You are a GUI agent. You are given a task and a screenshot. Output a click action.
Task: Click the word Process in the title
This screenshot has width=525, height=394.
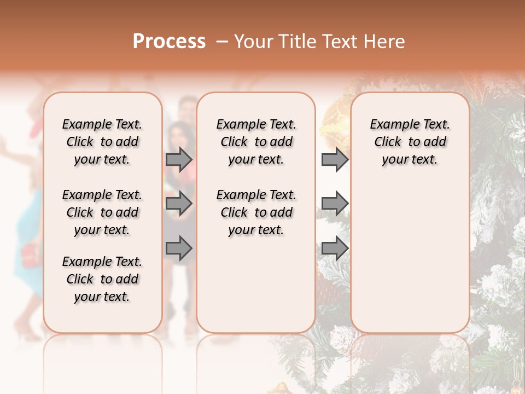pos(169,42)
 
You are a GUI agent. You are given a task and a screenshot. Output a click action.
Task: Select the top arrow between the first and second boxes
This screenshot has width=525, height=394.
pos(179,159)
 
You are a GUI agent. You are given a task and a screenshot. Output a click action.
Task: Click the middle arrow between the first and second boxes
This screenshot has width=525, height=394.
pos(179,204)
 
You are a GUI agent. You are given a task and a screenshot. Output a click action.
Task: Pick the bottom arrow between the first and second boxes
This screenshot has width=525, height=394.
pos(179,248)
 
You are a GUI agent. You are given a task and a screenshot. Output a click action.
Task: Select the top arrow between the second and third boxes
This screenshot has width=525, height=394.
pos(335,159)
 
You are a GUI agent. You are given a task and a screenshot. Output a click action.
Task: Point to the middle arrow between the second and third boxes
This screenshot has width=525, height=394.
pos(335,204)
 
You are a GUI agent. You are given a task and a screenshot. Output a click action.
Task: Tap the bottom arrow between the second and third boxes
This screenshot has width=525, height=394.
pos(335,248)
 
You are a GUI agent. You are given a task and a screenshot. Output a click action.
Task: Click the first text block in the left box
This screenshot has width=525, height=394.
pos(102,142)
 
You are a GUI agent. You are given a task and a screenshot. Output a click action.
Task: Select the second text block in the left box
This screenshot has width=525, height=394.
pos(102,212)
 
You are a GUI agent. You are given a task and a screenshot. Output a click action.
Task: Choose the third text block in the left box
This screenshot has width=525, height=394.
pos(102,279)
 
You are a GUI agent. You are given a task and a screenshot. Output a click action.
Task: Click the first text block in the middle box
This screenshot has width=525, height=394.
pos(256,142)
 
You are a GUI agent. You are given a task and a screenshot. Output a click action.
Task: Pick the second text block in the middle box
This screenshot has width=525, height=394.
pos(256,212)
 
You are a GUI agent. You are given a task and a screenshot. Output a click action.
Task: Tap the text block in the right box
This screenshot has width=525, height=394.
pos(410,142)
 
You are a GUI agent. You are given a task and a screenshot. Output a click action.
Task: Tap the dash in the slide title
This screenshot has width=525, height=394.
pos(222,42)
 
